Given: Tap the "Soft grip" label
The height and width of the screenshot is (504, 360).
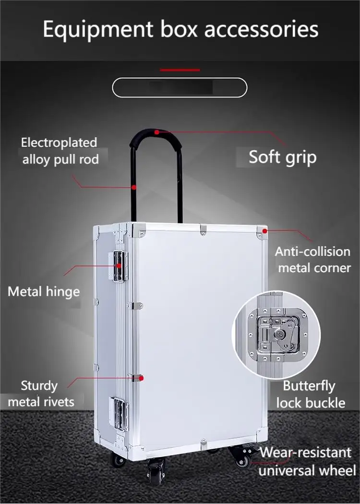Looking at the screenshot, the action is pos(282,157).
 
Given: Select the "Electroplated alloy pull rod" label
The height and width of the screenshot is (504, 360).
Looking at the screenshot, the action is pos(60,151).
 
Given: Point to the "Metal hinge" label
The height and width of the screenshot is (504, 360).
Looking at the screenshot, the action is pos(44,291).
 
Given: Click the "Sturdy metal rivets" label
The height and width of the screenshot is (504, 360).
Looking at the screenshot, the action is pos(47,393).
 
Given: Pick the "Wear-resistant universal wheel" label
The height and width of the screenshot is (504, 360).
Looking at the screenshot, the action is pos(306,461).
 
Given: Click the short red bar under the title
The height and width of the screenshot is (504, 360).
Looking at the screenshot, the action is pos(180,70).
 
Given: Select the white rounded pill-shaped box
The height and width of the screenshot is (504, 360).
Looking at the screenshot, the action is pos(180,87).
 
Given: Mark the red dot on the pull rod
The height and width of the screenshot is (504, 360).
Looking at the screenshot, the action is pos(134,187).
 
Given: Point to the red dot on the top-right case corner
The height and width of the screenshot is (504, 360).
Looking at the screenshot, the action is pos(264,231).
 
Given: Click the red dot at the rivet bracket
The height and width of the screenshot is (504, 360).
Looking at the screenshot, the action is pos(142,378).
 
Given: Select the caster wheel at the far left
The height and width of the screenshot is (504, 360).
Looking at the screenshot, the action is pos(118,460).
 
